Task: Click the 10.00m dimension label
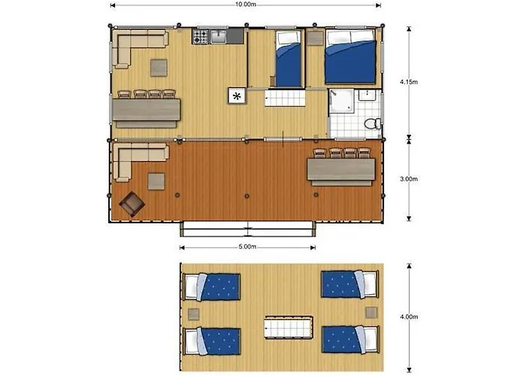point(246,5)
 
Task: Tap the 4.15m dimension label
point(409,81)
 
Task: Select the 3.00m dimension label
point(409,179)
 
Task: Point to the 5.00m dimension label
point(247,247)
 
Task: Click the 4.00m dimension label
point(409,317)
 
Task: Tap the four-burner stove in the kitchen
point(201,37)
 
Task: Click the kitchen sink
point(218,37)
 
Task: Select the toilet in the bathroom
point(373,123)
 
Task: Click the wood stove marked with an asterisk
point(237,96)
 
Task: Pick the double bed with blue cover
point(350,56)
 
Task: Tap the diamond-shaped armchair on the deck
point(132,204)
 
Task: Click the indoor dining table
point(147,110)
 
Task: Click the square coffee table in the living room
point(159,68)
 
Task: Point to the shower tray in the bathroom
point(341,101)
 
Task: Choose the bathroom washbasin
point(369,94)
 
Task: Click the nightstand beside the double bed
point(315,38)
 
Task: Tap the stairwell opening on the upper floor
point(289,326)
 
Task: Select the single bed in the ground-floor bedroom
point(288,58)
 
